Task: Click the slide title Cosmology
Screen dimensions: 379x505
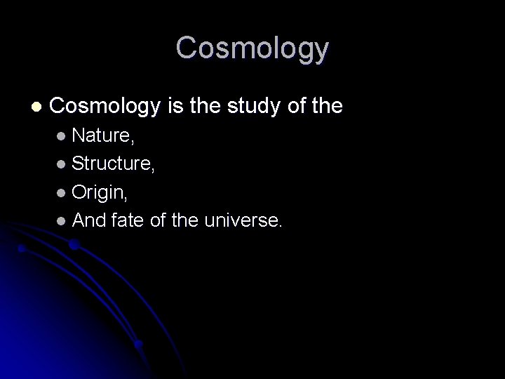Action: point(252,48)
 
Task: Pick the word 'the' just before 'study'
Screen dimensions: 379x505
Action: point(208,107)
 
